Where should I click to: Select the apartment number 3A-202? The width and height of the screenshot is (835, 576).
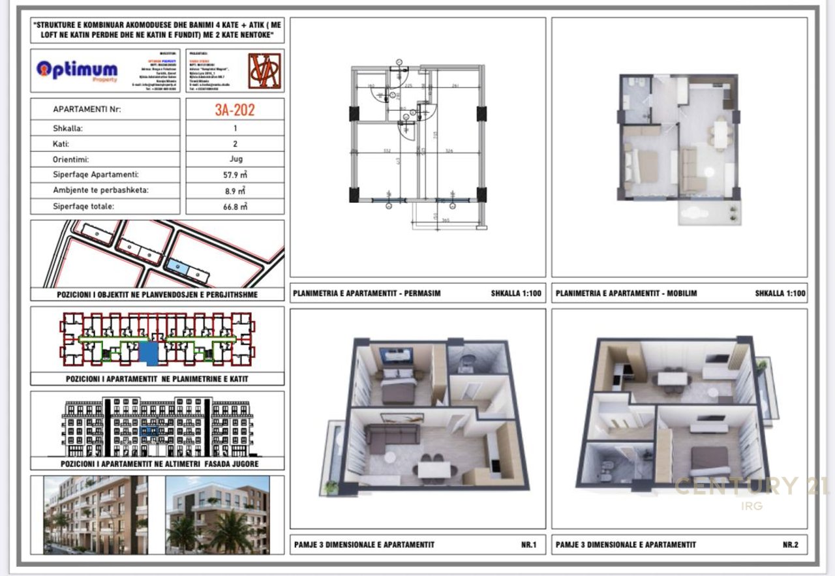[x=235, y=109]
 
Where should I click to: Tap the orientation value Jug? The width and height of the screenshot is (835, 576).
[x=235, y=159]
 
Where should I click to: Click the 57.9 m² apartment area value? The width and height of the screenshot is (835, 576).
[x=235, y=175]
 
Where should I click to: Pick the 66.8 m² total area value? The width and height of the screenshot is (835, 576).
[x=235, y=207]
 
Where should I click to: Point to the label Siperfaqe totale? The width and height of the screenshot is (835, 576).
[x=83, y=207]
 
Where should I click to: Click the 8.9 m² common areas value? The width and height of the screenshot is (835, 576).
[x=235, y=191]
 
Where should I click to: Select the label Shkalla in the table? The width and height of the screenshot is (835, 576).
[x=68, y=128]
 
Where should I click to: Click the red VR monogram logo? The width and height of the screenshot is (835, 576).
[x=265, y=70]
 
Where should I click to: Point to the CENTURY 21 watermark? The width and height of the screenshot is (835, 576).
[x=750, y=487]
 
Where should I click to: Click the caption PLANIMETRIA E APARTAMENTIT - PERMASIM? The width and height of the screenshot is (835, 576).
[x=367, y=294]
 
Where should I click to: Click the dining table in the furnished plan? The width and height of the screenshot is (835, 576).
[x=720, y=134]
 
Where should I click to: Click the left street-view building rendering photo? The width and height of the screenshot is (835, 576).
[x=96, y=515]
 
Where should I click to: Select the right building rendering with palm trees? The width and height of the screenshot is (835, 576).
[x=217, y=515]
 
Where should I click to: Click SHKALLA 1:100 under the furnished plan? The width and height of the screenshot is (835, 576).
[x=780, y=294]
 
